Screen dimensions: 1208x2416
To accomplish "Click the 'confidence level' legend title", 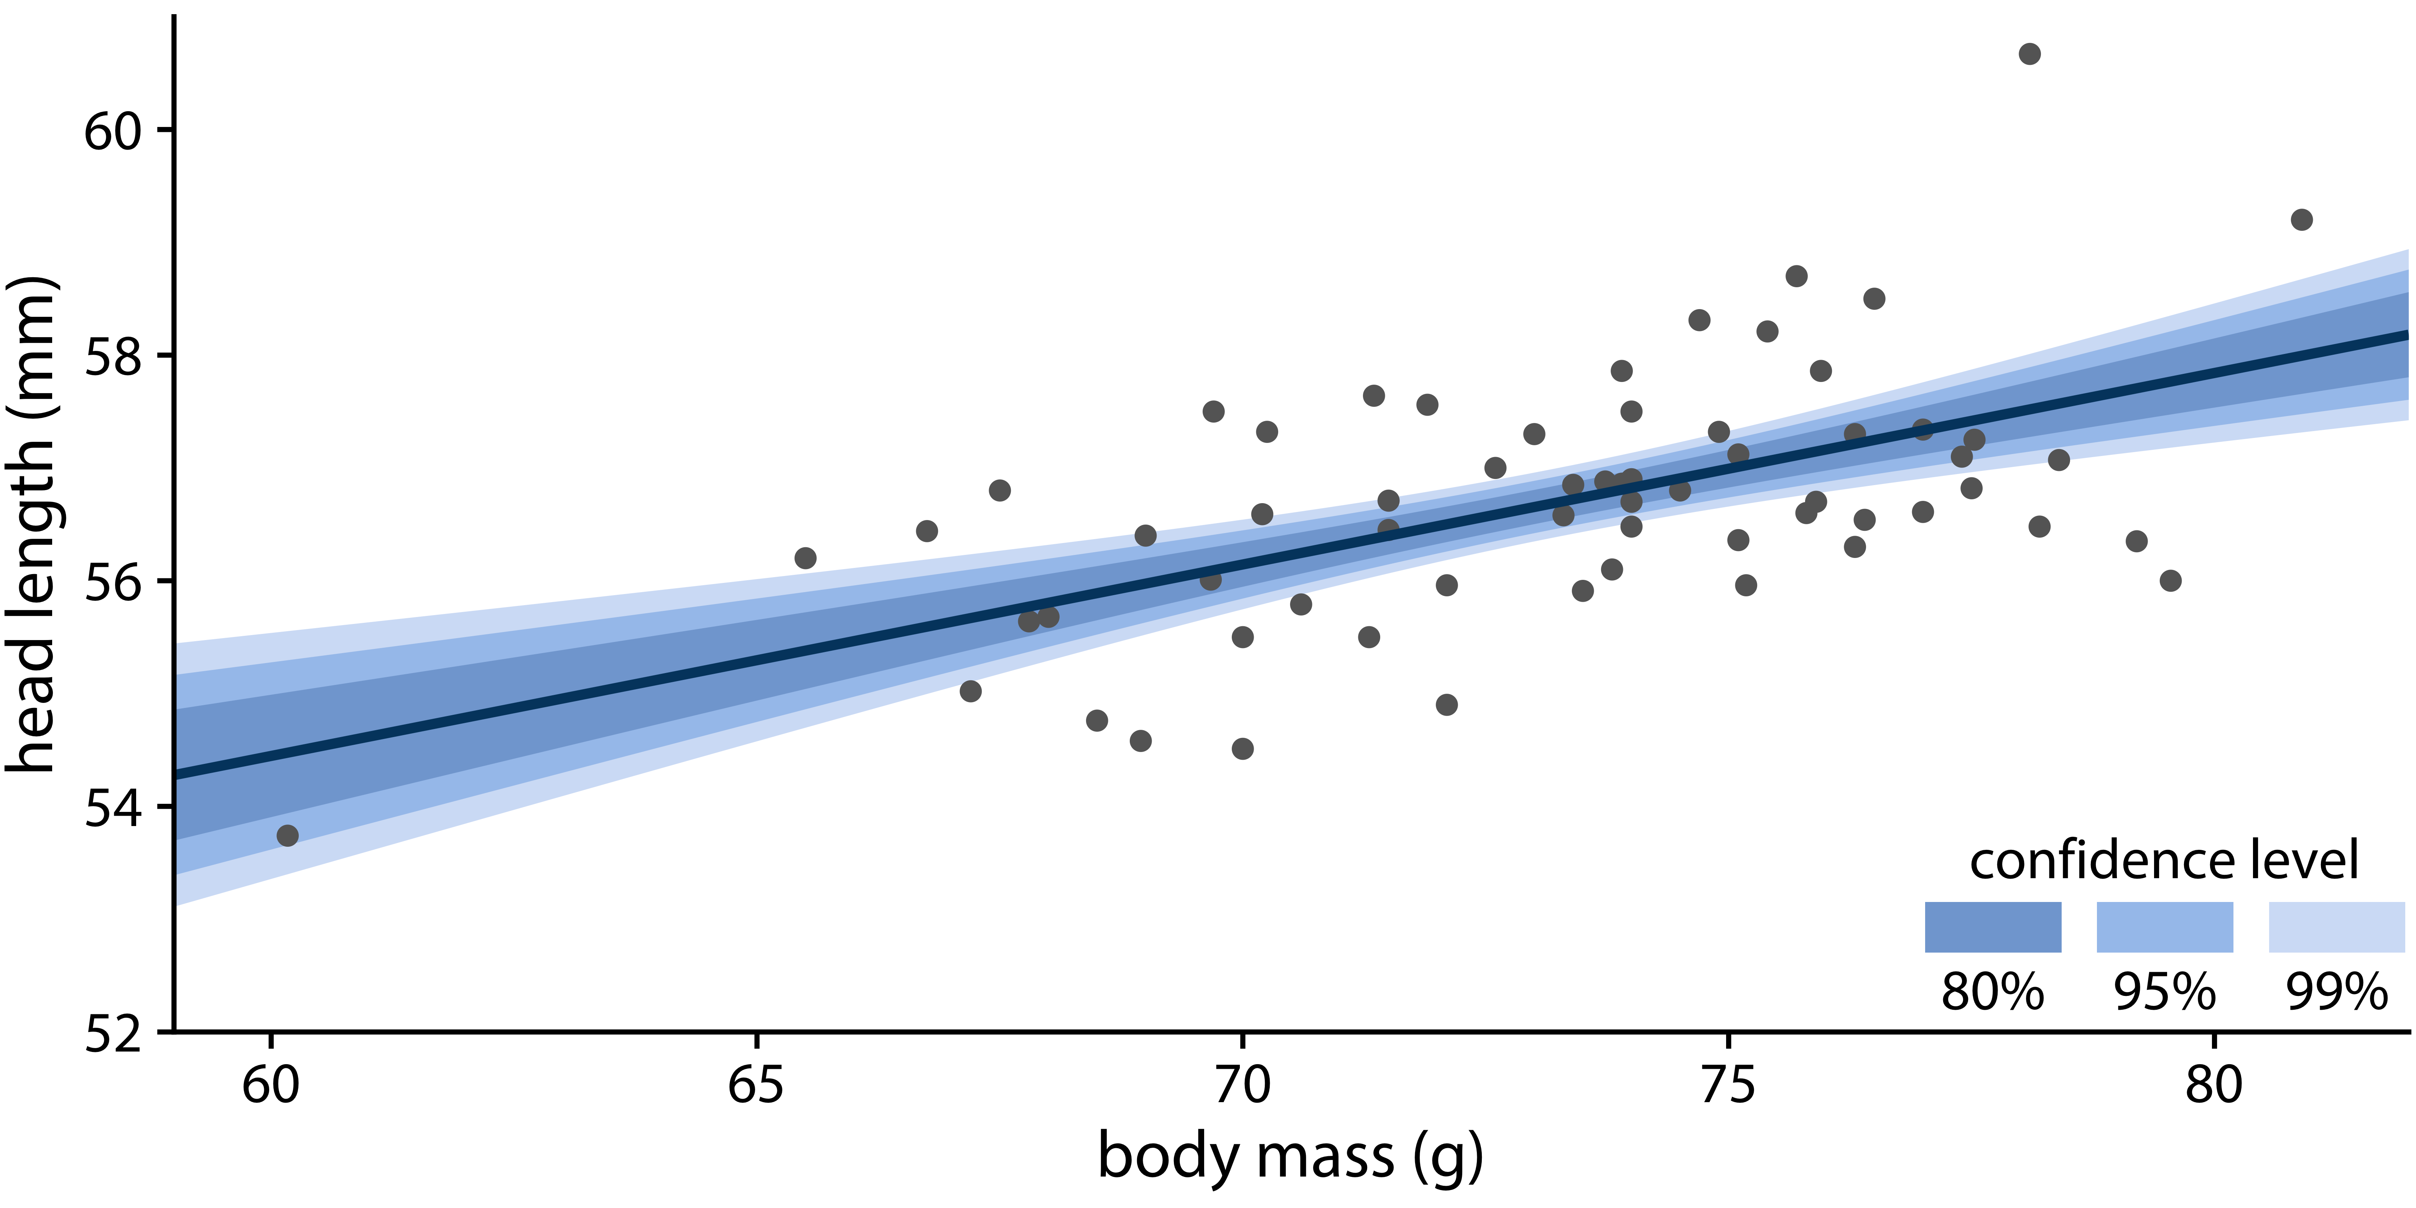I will tap(2164, 860).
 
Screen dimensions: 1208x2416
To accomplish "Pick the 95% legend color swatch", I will tap(2165, 927).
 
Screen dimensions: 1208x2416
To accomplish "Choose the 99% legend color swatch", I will tap(2336, 927).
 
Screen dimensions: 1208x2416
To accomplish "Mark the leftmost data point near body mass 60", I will tap(288, 835).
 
